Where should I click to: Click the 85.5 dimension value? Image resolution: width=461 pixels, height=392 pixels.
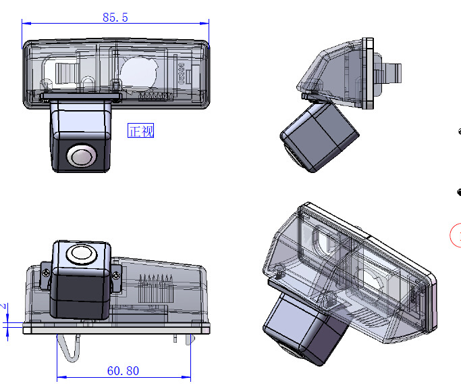pyautogui.click(x=115, y=18)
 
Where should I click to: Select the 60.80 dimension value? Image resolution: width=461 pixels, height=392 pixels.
pyautogui.click(x=123, y=370)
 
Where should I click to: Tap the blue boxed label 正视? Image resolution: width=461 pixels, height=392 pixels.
pyautogui.click(x=141, y=130)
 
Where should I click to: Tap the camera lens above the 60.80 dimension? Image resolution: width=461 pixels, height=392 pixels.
pyautogui.click(x=80, y=255)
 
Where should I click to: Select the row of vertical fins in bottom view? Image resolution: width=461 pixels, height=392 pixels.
pyautogui.click(x=153, y=284)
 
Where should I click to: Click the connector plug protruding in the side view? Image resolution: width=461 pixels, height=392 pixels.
pyautogui.click(x=392, y=71)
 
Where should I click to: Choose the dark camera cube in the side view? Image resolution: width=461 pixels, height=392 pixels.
pyautogui.click(x=317, y=135)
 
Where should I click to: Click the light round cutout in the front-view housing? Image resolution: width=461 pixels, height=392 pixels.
pyautogui.click(x=140, y=70)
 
